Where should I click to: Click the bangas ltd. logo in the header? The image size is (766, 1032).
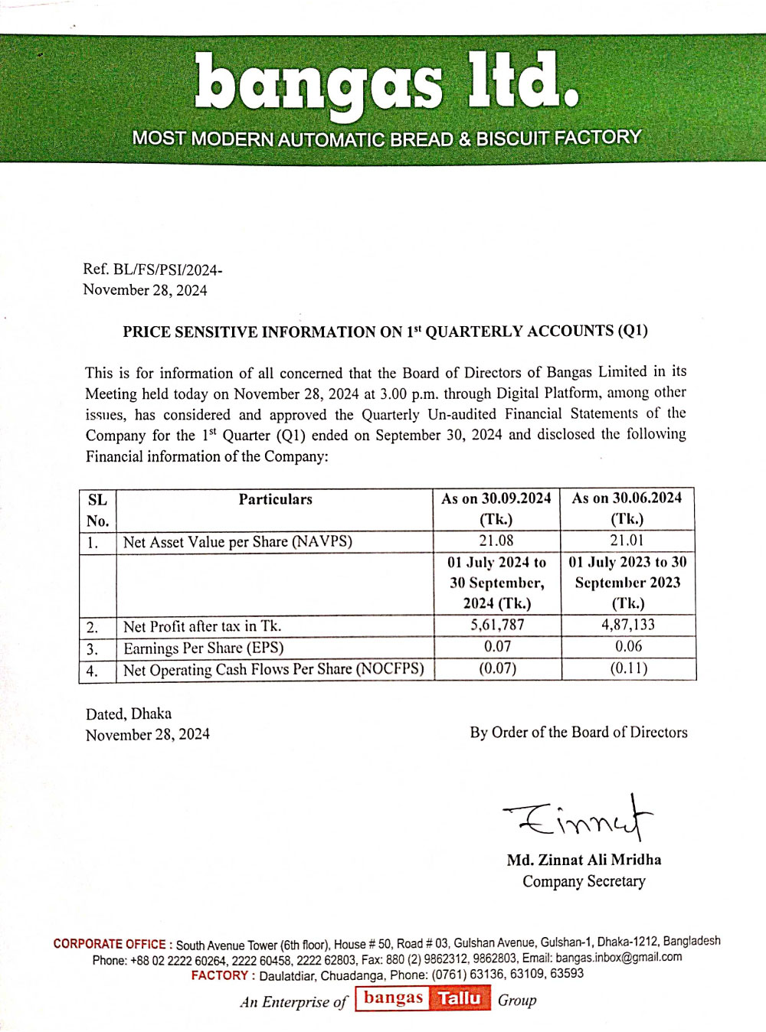pyautogui.click(x=386, y=83)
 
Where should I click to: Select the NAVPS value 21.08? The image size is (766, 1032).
pyautogui.click(x=496, y=540)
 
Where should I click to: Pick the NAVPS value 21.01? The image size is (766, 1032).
pyautogui.click(x=627, y=540)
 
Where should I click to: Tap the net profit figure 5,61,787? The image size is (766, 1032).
pyautogui.click(x=497, y=625)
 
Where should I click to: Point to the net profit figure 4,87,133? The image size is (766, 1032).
pyautogui.click(x=628, y=625)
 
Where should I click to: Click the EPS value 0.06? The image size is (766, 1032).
pyautogui.click(x=628, y=646)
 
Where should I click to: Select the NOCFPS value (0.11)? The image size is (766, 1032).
pyautogui.click(x=628, y=668)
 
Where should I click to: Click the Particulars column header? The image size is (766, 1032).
pyautogui.click(x=275, y=499)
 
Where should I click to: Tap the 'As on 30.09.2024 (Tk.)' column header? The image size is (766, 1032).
pyautogui.click(x=496, y=508)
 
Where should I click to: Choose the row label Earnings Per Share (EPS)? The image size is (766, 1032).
pyautogui.click(x=204, y=648)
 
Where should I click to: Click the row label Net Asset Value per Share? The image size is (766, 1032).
pyautogui.click(x=237, y=541)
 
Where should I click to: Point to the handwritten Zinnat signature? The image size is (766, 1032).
pyautogui.click(x=579, y=818)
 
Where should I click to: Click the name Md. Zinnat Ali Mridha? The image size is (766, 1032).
pyautogui.click(x=584, y=860)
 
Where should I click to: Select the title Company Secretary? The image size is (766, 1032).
pyautogui.click(x=584, y=881)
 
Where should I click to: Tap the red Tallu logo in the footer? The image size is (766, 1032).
pyautogui.click(x=460, y=998)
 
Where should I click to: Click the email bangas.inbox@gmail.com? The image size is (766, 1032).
pyautogui.click(x=618, y=957)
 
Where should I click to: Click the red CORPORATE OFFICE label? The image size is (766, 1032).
pyautogui.click(x=110, y=944)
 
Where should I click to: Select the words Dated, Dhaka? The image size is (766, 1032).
pyautogui.click(x=129, y=714)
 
